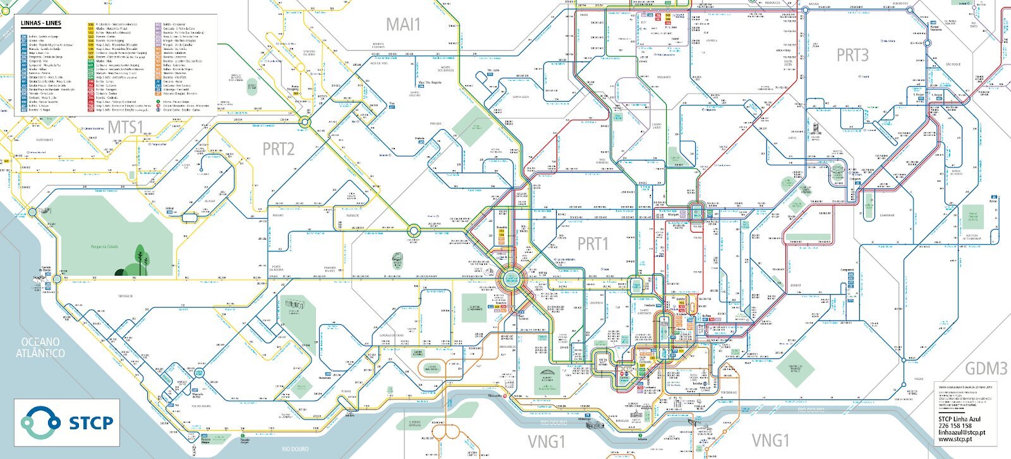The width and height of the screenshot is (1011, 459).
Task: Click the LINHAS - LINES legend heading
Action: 40,23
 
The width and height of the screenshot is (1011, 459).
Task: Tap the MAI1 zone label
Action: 403,25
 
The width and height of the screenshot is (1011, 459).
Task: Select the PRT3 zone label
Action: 852,55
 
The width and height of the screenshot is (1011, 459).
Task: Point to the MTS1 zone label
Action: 125,127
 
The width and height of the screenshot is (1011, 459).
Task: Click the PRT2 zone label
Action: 278,149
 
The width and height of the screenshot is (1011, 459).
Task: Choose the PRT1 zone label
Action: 592,243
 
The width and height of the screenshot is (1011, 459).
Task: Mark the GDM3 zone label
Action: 986,368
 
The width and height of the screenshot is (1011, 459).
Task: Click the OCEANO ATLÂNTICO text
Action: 40,348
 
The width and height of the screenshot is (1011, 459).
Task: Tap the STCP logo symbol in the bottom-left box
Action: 40,422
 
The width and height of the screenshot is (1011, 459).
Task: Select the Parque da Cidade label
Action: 106,246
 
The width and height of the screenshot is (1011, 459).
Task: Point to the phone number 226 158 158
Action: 955,425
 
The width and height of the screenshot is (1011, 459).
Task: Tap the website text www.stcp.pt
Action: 954,438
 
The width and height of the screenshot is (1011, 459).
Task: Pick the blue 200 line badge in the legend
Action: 23,37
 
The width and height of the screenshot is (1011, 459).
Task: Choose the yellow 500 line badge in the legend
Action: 90,25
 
